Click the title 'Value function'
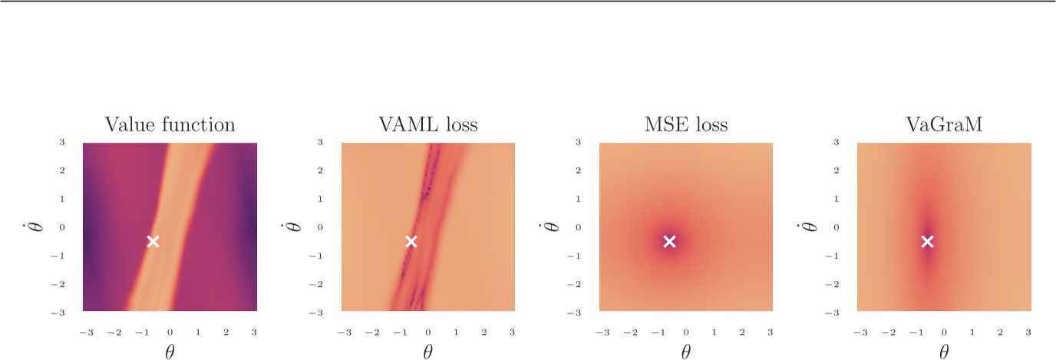tap(170, 125)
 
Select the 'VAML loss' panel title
tap(427, 125)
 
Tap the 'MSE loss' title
tap(686, 125)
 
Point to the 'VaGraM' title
tap(944, 125)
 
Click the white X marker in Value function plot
tap(153, 242)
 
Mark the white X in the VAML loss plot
tap(411, 242)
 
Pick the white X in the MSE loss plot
tap(669, 242)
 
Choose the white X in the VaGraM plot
tap(927, 242)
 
